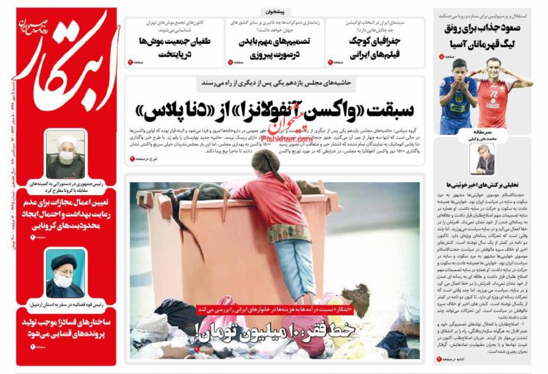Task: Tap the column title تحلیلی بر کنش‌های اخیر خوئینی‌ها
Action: (484, 185)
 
